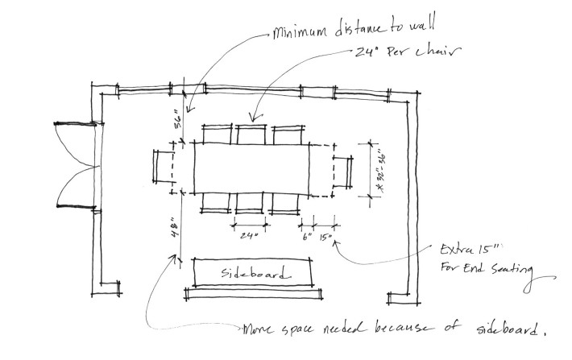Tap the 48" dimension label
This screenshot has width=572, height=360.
pyautogui.click(x=176, y=228)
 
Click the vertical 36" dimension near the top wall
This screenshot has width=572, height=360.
pyautogui.click(x=178, y=119)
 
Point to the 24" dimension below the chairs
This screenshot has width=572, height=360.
pyautogui.click(x=249, y=236)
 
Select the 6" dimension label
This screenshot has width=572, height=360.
pyautogui.click(x=307, y=236)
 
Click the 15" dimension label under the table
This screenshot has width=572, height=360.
pyautogui.click(x=325, y=237)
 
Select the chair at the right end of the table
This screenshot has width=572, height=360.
pyautogui.click(x=343, y=172)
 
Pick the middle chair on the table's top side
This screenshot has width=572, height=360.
pyautogui.click(x=251, y=134)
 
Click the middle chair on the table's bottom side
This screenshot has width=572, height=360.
pyautogui.click(x=250, y=203)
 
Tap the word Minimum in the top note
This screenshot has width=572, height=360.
pyautogui.click(x=300, y=31)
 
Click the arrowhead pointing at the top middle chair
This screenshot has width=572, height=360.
pyautogui.click(x=256, y=116)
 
